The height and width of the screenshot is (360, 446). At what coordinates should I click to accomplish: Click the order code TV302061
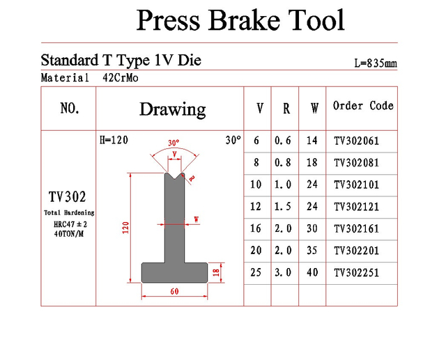[356, 141]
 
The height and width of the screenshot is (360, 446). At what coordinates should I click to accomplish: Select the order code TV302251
[356, 273]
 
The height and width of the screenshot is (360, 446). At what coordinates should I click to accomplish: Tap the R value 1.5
[283, 207]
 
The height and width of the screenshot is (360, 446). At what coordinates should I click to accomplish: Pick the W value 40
[312, 272]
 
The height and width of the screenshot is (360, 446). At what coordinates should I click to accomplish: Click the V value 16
[256, 228]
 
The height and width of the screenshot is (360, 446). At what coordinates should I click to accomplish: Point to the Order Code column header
[363, 106]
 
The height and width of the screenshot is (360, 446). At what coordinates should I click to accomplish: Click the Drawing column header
[173, 109]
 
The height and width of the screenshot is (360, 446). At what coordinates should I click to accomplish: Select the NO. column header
[70, 108]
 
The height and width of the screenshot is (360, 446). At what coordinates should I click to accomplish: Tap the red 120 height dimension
[125, 228]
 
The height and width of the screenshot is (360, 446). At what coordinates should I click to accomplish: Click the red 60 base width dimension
[174, 291]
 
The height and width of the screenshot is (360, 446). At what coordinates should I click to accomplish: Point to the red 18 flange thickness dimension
[216, 273]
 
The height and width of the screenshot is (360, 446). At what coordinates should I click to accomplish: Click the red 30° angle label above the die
[174, 143]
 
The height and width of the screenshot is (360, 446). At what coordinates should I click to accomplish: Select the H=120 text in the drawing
[114, 140]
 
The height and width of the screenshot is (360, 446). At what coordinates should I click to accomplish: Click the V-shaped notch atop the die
[175, 176]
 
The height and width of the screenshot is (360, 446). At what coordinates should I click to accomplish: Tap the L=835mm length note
[376, 63]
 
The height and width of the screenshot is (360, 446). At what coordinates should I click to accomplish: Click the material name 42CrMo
[121, 77]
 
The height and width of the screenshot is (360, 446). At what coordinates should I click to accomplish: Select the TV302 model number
[67, 197]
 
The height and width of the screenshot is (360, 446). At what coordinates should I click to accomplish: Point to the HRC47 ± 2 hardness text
[70, 224]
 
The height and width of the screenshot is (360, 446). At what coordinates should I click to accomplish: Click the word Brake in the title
[244, 20]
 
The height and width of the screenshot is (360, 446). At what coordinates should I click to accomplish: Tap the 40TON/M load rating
[69, 234]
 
